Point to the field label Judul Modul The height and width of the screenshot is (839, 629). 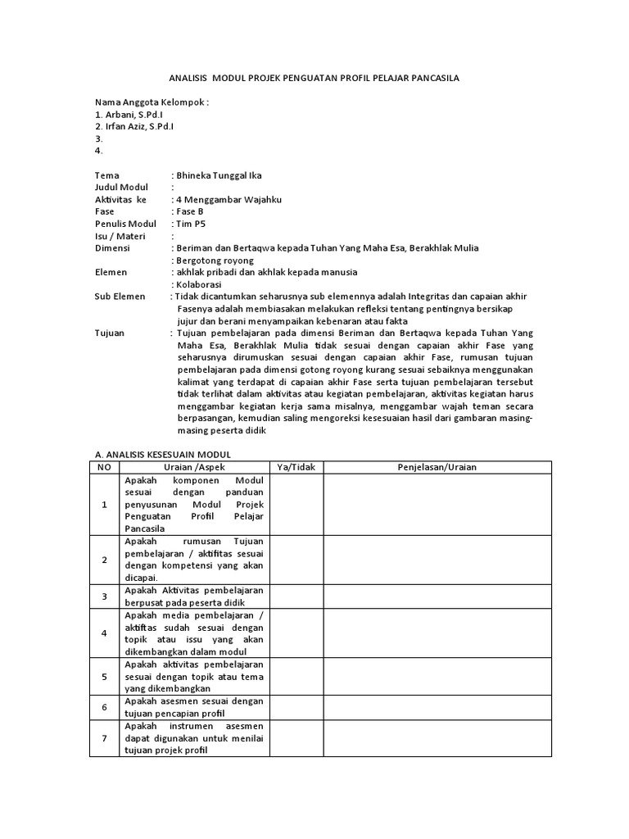pos(122,188)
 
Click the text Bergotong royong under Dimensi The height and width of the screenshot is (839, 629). pos(213,260)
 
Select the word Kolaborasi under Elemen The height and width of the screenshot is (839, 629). pos(201,283)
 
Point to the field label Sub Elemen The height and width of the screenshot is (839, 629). pos(120,296)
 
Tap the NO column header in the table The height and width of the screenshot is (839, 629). pos(104,467)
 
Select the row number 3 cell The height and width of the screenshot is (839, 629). pos(105,596)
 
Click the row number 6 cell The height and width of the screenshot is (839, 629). pos(105,707)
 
